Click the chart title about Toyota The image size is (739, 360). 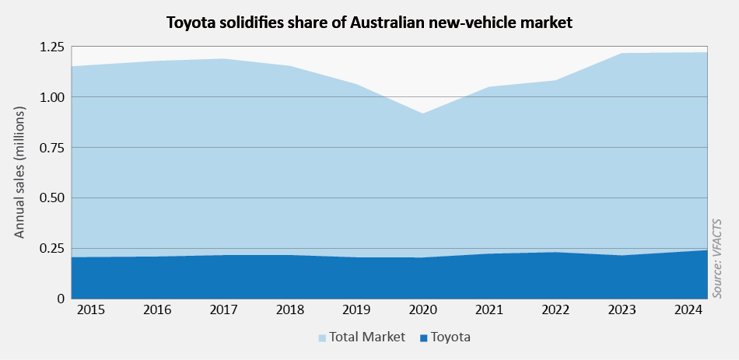(x=369, y=23)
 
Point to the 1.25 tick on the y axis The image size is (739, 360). (x=49, y=47)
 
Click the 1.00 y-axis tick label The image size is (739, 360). (x=49, y=97)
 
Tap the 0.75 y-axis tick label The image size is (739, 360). (x=49, y=148)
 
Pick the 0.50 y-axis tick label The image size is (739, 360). (x=49, y=198)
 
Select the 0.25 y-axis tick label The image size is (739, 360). (x=49, y=248)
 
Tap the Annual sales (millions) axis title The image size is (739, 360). (x=20, y=173)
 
